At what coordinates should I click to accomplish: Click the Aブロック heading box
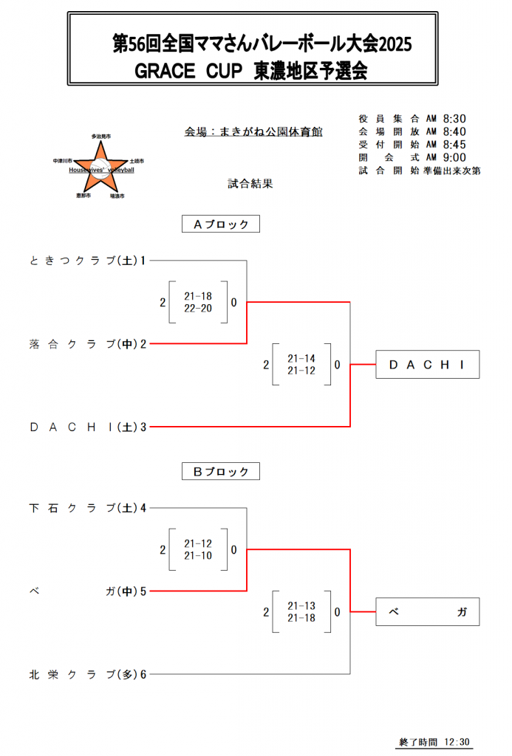(220, 224)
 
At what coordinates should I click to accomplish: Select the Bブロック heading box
(220, 471)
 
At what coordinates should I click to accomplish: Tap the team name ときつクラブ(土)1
(87, 261)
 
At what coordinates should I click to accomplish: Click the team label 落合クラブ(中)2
(87, 344)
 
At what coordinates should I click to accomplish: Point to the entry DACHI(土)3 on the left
(87, 427)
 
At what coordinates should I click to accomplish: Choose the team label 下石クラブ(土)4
(87, 508)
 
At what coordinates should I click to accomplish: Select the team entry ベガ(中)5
(87, 591)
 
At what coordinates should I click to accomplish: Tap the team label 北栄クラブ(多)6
(87, 674)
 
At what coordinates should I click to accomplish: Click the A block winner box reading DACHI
(428, 365)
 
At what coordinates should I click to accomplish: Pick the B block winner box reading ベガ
(428, 612)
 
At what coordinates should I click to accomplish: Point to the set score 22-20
(198, 308)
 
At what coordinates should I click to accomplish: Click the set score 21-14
(301, 358)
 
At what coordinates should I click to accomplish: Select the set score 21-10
(198, 555)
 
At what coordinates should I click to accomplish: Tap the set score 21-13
(301, 605)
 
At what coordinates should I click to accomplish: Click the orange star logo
(100, 168)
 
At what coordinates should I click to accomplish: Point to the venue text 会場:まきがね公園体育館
(253, 131)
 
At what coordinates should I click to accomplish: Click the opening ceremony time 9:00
(454, 157)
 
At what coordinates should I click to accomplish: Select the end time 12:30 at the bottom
(457, 742)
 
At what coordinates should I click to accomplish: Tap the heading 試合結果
(250, 183)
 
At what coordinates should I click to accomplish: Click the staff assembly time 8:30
(454, 119)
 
